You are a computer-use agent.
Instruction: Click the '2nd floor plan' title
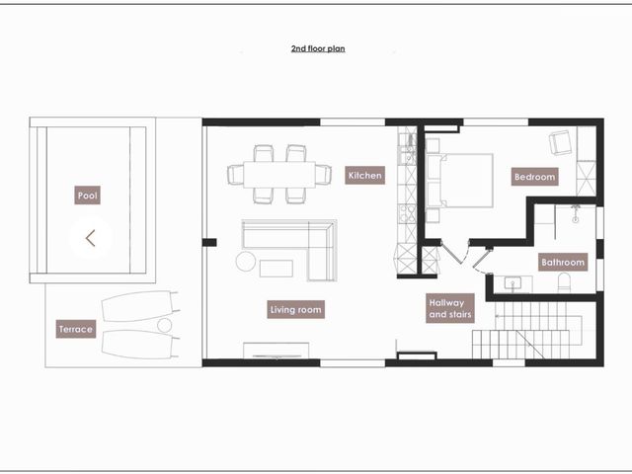coord(318,48)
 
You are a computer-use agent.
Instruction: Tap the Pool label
coord(88,196)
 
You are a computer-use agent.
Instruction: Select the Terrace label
coord(76,329)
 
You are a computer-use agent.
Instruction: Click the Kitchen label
coord(364,176)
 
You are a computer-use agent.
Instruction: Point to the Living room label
coord(296,309)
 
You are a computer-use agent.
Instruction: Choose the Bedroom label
coord(535,177)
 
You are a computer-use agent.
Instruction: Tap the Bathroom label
coord(563,262)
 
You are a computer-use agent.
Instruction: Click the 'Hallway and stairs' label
coord(450,308)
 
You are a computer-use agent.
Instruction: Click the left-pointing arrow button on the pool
coord(90,238)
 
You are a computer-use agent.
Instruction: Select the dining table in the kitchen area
coord(279,175)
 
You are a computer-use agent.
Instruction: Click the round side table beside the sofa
coord(246,261)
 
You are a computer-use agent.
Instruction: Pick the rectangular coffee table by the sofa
coord(276,269)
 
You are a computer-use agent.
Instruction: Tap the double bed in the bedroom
coord(459,180)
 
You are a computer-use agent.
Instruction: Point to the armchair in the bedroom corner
coord(561,142)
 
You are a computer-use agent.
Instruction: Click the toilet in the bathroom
coord(564,282)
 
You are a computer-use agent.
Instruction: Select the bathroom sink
coord(513,283)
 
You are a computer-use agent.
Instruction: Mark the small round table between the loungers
coord(165,325)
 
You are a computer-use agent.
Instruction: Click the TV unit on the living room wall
coord(276,351)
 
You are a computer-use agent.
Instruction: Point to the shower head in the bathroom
coord(576,213)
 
